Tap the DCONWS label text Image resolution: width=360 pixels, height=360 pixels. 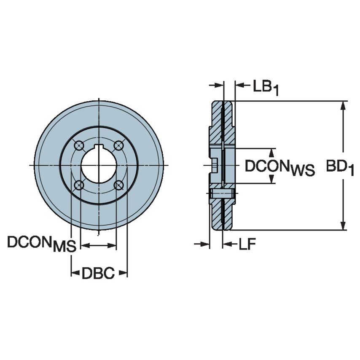click(x=280, y=167)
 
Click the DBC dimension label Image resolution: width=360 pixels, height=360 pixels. click(x=98, y=274)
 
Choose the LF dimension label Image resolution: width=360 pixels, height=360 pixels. click(x=247, y=244)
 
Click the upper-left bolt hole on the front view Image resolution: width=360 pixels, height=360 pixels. click(x=78, y=145)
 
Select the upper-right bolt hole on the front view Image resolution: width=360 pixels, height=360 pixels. click(x=119, y=145)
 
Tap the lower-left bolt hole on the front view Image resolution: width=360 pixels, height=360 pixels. click(x=78, y=185)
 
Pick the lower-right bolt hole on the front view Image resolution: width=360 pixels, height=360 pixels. click(x=119, y=185)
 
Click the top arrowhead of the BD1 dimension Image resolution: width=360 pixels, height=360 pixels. click(x=344, y=106)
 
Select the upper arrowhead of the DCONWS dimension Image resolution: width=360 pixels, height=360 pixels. click(x=272, y=153)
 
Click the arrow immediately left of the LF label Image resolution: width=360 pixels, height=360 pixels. click(x=228, y=244)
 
